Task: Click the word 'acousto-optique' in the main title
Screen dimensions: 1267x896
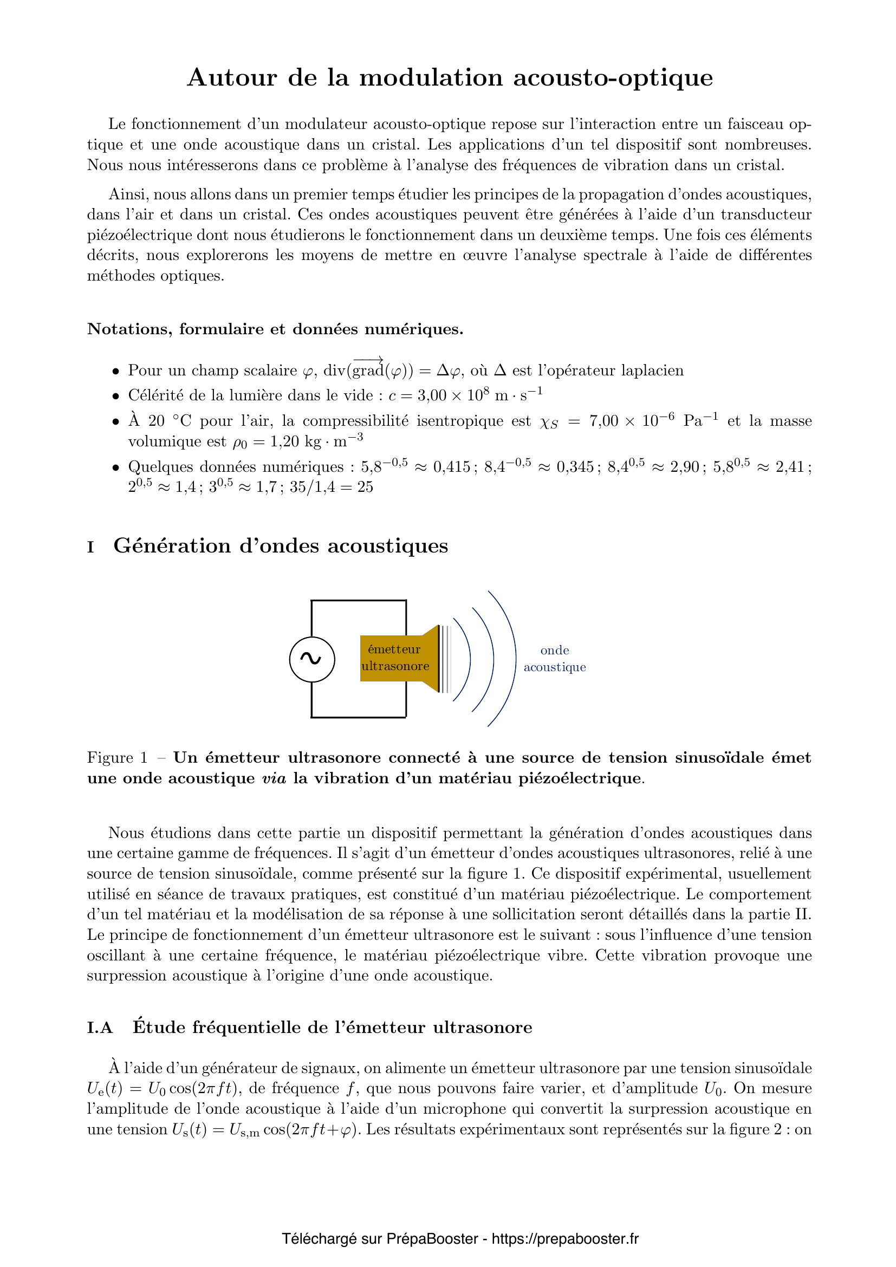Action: (613, 78)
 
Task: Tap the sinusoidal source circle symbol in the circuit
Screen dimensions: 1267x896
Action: (311, 659)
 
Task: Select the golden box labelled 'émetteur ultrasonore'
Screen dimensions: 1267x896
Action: (394, 658)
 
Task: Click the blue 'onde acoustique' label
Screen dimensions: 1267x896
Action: (555, 659)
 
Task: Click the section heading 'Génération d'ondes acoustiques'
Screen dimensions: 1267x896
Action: (280, 546)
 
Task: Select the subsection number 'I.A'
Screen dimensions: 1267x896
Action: (100, 1028)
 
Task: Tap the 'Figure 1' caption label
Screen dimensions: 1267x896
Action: (117, 758)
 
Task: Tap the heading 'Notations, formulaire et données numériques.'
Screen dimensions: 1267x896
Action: (275, 329)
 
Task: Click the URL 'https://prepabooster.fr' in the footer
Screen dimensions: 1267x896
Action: (565, 1239)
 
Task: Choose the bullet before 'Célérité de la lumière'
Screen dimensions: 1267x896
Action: (115, 396)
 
